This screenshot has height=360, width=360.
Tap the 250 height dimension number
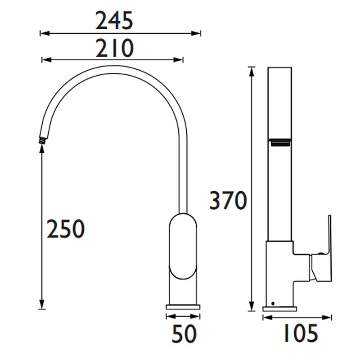click(x=66, y=229)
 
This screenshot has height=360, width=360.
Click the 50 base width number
click(x=184, y=334)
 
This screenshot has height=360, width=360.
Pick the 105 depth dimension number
click(x=300, y=334)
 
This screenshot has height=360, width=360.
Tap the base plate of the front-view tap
click(x=184, y=307)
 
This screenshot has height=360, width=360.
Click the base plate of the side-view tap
click(x=280, y=309)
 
